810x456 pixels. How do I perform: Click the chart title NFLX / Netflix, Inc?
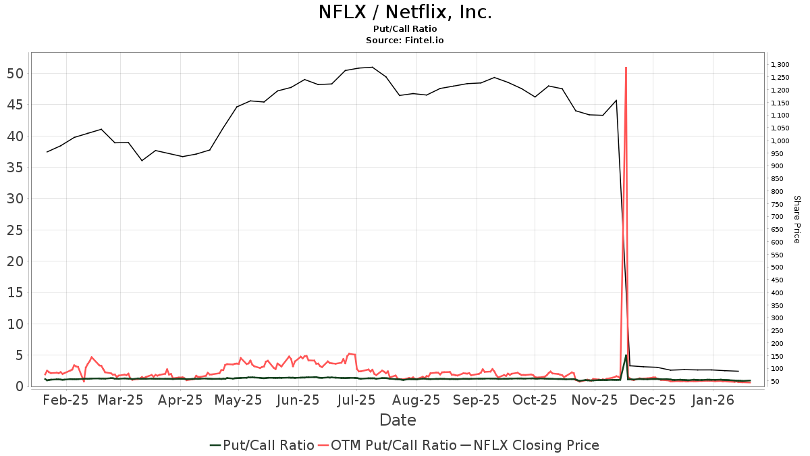(405, 12)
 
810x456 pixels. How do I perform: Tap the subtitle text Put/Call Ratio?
(405, 29)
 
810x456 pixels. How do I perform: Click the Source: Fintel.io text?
(405, 41)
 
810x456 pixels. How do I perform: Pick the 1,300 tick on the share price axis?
(780, 65)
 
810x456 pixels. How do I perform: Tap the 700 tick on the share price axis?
(778, 217)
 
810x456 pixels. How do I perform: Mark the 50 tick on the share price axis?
(776, 382)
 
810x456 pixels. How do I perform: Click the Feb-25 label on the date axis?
(65, 400)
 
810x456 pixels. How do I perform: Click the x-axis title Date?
(398, 420)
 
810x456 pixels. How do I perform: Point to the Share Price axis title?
(796, 220)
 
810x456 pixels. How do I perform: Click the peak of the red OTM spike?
(626, 68)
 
